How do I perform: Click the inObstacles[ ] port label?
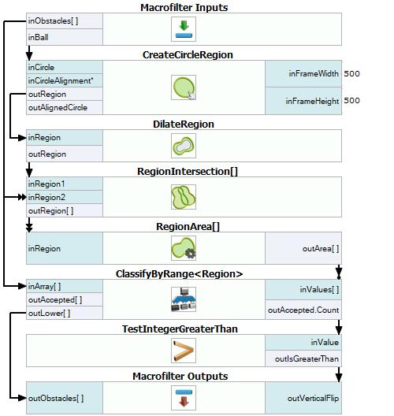[x=53, y=21]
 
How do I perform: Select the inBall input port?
[x=38, y=37]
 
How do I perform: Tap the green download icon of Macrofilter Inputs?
[x=184, y=29]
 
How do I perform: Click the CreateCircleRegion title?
[x=188, y=55]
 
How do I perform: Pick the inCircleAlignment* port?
[x=61, y=80]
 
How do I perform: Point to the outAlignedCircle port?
[x=58, y=107]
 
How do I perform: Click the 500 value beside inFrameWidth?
[x=351, y=73]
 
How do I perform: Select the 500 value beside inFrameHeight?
[x=351, y=101]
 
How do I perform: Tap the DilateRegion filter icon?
[x=184, y=146]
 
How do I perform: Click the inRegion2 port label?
[x=46, y=197]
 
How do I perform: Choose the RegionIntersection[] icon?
[x=184, y=197]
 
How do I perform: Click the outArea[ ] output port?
[x=321, y=249]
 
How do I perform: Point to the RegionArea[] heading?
[x=188, y=227]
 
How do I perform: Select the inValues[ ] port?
[x=319, y=289]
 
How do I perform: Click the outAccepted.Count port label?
[x=303, y=310]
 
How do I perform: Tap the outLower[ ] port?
[x=49, y=314]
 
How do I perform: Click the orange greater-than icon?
[x=184, y=351]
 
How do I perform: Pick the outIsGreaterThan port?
[x=307, y=359]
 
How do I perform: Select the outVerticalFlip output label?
[x=313, y=398]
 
